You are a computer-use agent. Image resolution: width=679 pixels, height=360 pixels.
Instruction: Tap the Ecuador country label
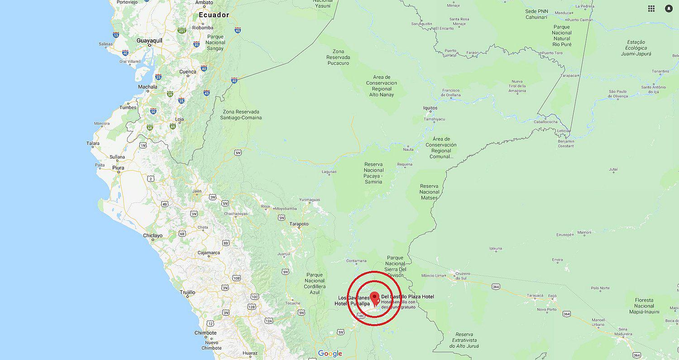(x=214, y=15)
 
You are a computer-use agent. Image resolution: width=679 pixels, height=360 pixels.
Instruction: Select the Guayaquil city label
(x=149, y=41)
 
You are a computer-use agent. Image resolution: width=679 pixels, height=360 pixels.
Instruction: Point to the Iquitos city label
(x=430, y=108)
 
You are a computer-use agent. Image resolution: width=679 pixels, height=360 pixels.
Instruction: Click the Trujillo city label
(x=187, y=293)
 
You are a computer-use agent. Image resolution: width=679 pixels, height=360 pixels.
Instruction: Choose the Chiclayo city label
(x=153, y=236)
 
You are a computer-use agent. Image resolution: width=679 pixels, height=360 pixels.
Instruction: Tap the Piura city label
(x=118, y=168)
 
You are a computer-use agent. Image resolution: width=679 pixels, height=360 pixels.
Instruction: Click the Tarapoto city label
(x=299, y=224)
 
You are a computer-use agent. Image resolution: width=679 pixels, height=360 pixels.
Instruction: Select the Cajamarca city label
(x=209, y=253)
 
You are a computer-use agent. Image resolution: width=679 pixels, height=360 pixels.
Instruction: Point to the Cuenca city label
(x=188, y=72)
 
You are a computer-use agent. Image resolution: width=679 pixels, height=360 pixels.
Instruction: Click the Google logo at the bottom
(x=330, y=354)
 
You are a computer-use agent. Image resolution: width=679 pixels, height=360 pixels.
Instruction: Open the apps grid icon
(x=651, y=9)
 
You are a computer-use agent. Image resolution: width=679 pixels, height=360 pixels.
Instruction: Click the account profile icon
(x=669, y=9)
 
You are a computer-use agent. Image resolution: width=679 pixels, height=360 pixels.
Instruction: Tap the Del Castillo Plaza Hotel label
(x=407, y=297)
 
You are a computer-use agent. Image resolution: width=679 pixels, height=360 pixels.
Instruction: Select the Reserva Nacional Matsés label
(x=429, y=192)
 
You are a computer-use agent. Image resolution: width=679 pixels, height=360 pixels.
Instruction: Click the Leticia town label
(x=563, y=131)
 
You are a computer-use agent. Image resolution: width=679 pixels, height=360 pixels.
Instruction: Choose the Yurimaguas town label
(x=310, y=200)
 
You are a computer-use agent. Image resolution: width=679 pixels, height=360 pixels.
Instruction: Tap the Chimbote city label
(x=205, y=333)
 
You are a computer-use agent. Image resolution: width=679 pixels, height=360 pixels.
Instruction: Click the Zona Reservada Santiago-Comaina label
(x=241, y=115)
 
